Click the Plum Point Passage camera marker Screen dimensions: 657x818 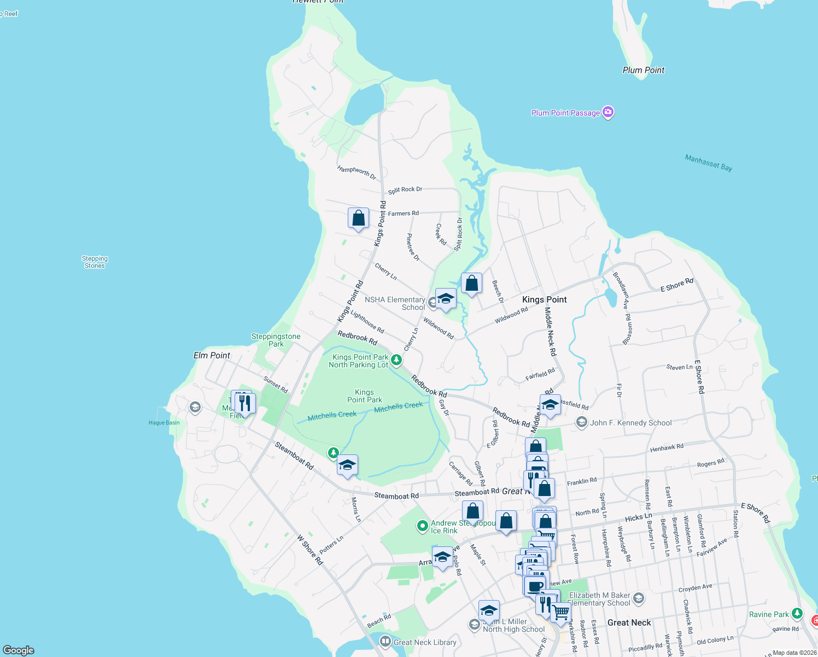(x=608, y=112)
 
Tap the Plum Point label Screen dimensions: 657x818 (x=643, y=70)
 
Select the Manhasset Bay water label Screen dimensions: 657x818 (x=708, y=163)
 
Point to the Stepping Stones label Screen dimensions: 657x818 (x=95, y=262)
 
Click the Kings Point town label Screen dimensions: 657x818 (x=544, y=299)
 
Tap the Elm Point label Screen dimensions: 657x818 (x=212, y=355)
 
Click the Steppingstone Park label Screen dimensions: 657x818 (x=276, y=340)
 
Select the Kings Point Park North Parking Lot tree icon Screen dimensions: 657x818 (x=396, y=360)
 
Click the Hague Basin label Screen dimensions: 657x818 (x=164, y=423)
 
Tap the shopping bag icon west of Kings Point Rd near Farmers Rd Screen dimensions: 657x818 (x=358, y=218)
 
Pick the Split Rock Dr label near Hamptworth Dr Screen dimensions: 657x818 (x=405, y=189)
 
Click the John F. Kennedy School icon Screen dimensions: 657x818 (x=582, y=423)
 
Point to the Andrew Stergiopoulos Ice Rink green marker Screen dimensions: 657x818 (x=422, y=526)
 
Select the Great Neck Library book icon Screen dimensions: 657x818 (x=385, y=641)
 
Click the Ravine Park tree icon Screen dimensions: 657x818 (x=797, y=613)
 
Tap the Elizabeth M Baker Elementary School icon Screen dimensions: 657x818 (x=639, y=598)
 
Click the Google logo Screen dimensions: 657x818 (x=19, y=650)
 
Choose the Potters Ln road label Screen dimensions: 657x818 (x=331, y=545)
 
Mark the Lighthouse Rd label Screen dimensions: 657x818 (x=367, y=322)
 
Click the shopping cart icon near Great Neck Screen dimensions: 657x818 (x=560, y=612)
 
